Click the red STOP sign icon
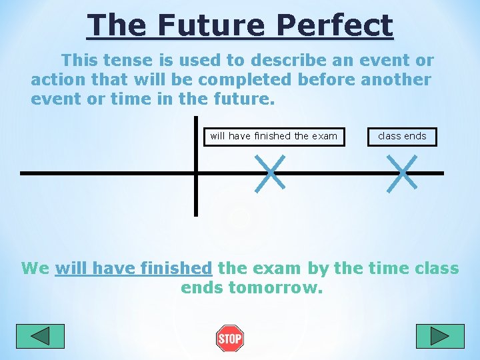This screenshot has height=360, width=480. pos(229,339)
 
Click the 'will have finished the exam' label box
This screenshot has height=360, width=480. pos(274,136)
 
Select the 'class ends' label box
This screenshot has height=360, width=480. pos(402,136)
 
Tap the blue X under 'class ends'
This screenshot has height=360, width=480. pos(402,173)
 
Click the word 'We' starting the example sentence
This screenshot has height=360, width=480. pos(35,269)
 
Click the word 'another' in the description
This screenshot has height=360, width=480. pos(396,80)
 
